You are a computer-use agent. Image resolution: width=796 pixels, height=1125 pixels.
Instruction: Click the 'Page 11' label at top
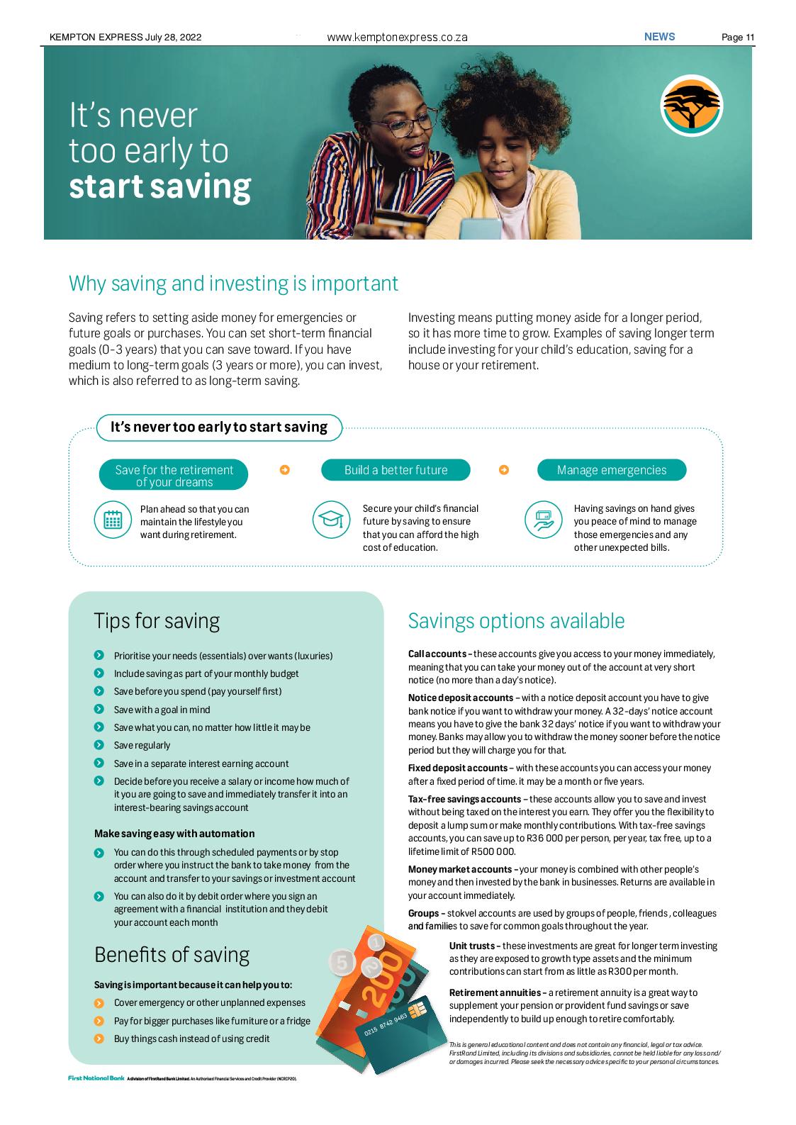click(737, 38)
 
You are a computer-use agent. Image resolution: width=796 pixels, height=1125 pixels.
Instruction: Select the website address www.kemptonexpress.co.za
click(397, 38)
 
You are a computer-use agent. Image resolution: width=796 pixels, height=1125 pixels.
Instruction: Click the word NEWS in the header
click(659, 37)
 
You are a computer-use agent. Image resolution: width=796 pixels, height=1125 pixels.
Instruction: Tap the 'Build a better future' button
click(396, 470)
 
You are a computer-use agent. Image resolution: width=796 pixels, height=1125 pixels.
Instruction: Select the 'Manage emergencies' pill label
click(611, 470)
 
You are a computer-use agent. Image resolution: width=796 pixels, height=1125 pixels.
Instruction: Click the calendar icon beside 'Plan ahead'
click(113, 520)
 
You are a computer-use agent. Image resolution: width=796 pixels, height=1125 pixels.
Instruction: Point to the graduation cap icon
click(331, 520)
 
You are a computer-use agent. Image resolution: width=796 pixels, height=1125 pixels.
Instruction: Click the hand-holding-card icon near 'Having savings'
click(543, 520)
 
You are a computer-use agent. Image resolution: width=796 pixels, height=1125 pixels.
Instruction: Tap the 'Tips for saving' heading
click(157, 621)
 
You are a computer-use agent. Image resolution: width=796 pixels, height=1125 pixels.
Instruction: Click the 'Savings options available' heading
click(516, 621)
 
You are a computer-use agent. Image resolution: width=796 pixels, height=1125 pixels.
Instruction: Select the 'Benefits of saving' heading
click(172, 955)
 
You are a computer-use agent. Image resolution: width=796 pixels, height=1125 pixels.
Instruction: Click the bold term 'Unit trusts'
click(474, 946)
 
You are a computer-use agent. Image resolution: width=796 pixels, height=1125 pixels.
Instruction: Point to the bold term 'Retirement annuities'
click(496, 992)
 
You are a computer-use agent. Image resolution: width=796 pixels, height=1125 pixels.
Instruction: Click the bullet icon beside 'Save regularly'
click(99, 745)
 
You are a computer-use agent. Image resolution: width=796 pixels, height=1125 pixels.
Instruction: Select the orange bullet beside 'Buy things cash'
click(99, 1039)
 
